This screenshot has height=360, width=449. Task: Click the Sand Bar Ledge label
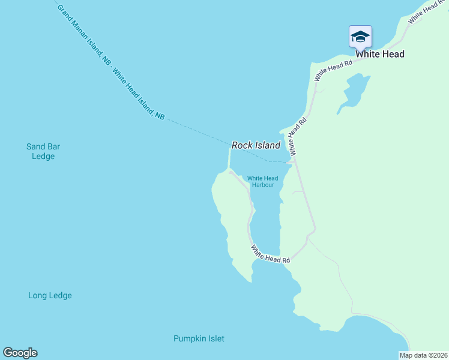coord(43,151)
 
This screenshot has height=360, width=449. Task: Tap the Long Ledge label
coord(50,295)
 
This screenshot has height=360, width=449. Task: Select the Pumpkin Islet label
coord(199,338)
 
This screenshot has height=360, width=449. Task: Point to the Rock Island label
coord(256,145)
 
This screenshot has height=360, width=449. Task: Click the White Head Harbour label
coord(263,181)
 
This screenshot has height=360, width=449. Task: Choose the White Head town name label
coord(379,54)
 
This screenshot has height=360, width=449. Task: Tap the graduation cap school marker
coord(360,37)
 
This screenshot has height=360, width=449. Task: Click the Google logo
coord(20,353)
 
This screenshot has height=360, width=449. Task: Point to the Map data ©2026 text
coord(423,355)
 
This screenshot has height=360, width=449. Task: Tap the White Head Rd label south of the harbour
coord(271,254)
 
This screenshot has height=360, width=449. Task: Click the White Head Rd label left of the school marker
coord(333,70)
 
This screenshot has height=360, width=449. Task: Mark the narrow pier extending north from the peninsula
coord(229,159)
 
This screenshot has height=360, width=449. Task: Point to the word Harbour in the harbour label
coord(263,185)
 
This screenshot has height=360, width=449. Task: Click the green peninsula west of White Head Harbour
coord(231,222)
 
